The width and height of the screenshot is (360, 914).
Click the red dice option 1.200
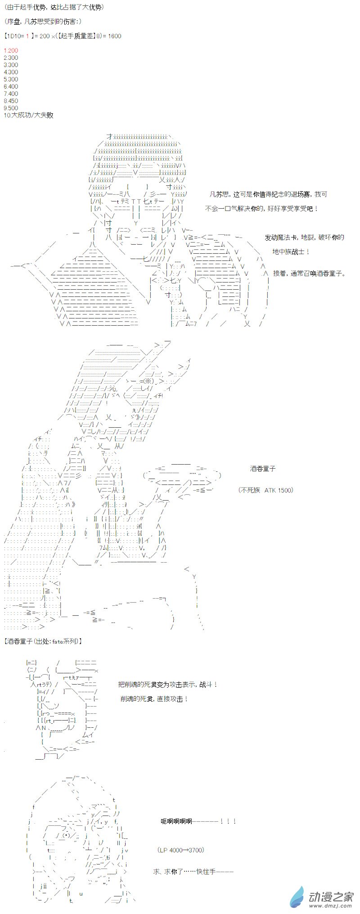(11, 50)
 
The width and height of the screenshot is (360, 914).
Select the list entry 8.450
(11, 101)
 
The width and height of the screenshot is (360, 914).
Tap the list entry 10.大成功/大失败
(28, 115)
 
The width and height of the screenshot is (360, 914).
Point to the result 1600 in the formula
(114, 36)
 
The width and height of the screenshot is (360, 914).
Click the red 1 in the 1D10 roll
(27, 36)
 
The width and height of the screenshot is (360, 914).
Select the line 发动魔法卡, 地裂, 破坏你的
(304, 237)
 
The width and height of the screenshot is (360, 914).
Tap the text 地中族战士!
(291, 251)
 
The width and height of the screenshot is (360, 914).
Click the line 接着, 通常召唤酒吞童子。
(309, 273)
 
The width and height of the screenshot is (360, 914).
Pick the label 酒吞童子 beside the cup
(263, 468)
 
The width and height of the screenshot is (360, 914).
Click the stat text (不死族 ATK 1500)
(265, 490)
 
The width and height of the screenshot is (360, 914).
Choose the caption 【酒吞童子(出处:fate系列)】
(43, 641)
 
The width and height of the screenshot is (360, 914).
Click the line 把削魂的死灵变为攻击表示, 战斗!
(168, 684)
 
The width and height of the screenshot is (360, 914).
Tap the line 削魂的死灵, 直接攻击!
(154, 699)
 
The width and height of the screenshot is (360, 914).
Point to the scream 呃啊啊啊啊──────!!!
(198, 821)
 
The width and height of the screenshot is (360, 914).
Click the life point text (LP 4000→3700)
(181, 850)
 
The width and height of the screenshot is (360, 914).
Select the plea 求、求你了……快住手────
(193, 871)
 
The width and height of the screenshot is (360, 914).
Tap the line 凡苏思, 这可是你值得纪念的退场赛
(269, 194)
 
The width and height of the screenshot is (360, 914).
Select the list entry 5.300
(11, 79)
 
